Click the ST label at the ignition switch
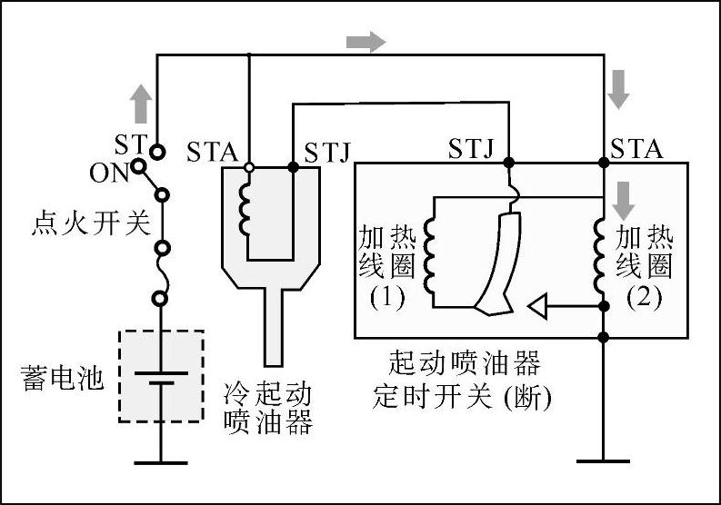(x=130, y=145)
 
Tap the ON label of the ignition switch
(x=110, y=172)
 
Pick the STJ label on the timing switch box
(x=470, y=147)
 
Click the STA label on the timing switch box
(x=636, y=147)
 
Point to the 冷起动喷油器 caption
(x=268, y=409)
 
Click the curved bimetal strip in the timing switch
(x=496, y=263)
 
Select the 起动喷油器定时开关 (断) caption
(x=464, y=381)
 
